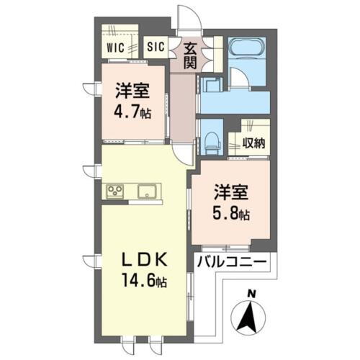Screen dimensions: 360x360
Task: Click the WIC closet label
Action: [x=115, y=47]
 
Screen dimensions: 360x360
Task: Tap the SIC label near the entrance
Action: [x=156, y=47]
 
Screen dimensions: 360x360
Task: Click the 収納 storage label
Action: [x=253, y=143]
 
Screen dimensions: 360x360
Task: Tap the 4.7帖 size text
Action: [x=134, y=112]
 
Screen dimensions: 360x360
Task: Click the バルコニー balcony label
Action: [x=232, y=261]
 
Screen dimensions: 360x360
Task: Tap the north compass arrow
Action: [x=250, y=317]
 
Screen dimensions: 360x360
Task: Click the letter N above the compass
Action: [x=251, y=293]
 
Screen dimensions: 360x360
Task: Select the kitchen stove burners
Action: [x=115, y=191]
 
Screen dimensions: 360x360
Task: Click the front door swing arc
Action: [x=186, y=16]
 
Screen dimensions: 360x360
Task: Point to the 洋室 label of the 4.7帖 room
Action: [x=134, y=92]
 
